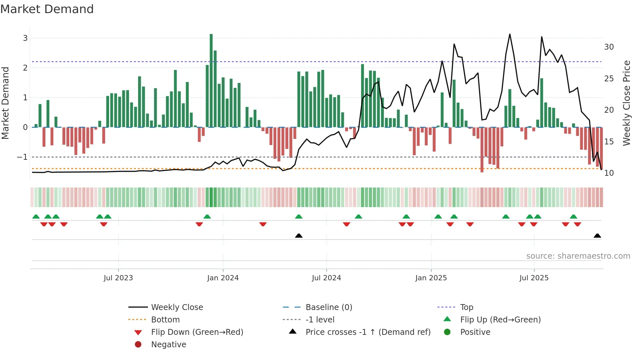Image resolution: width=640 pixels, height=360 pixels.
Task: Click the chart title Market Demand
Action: pos(47,9)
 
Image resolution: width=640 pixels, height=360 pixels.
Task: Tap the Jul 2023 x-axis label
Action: pos(118,278)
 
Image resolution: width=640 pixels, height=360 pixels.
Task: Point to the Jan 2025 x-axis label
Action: pos(431,278)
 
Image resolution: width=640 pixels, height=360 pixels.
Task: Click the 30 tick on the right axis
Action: pos(609,47)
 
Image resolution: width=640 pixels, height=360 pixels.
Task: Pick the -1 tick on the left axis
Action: pos(23,157)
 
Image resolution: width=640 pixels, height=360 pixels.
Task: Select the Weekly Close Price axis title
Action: pos(626,103)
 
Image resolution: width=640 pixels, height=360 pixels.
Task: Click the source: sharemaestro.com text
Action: pos(578,256)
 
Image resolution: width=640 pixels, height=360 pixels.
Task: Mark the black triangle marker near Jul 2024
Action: pos(299,236)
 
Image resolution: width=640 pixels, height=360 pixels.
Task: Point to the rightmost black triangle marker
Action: pos(597,236)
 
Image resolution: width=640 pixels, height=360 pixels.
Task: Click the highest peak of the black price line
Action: pos(510,35)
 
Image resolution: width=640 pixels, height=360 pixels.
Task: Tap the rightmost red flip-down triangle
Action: pos(577,224)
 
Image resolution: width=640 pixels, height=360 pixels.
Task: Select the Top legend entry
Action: pos(466,307)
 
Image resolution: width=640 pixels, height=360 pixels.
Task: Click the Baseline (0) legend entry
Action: pos(328,307)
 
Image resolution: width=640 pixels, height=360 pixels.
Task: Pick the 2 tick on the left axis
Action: pos(25,68)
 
